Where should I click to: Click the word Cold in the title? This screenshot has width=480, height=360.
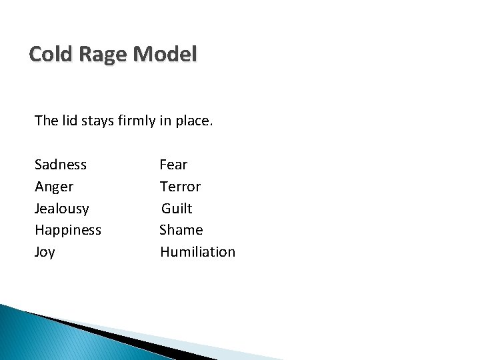pyautogui.click(x=52, y=54)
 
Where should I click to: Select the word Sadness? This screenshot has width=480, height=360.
pyautogui.click(x=61, y=164)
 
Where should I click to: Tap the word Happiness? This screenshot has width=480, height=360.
pyautogui.click(x=68, y=231)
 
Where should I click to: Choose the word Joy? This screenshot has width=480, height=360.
pyautogui.click(x=45, y=253)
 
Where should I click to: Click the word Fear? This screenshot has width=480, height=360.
pyautogui.click(x=173, y=164)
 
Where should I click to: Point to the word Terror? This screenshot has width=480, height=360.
pyautogui.click(x=180, y=187)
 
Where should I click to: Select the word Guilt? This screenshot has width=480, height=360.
pyautogui.click(x=177, y=209)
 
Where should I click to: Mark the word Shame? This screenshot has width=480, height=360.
pyautogui.click(x=181, y=230)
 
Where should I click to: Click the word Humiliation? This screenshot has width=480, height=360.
pyautogui.click(x=197, y=252)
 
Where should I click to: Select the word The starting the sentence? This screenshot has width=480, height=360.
pyautogui.click(x=47, y=121)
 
